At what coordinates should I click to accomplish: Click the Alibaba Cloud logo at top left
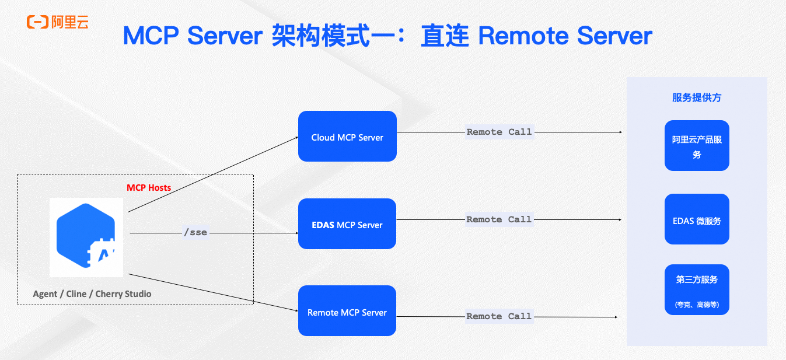tap(57, 22)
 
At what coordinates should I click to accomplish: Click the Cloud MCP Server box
tap(347, 137)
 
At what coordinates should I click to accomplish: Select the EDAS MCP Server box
tap(347, 224)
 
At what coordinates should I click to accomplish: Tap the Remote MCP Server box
tap(347, 311)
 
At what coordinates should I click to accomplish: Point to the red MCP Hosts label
tap(149, 188)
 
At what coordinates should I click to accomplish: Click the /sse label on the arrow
tap(195, 233)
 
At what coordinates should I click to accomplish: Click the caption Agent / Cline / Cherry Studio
tap(92, 294)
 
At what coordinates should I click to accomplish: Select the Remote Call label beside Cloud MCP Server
tap(499, 132)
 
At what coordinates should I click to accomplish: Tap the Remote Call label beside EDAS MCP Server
tap(499, 220)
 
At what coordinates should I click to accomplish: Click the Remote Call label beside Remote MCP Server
tap(499, 317)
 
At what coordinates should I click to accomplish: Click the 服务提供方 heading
tap(697, 98)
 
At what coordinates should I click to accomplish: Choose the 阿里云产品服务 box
tap(697, 146)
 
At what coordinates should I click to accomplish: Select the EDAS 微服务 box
tap(697, 219)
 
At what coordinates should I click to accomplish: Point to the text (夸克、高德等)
tap(697, 305)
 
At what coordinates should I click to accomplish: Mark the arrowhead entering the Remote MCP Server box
tap(296, 311)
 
